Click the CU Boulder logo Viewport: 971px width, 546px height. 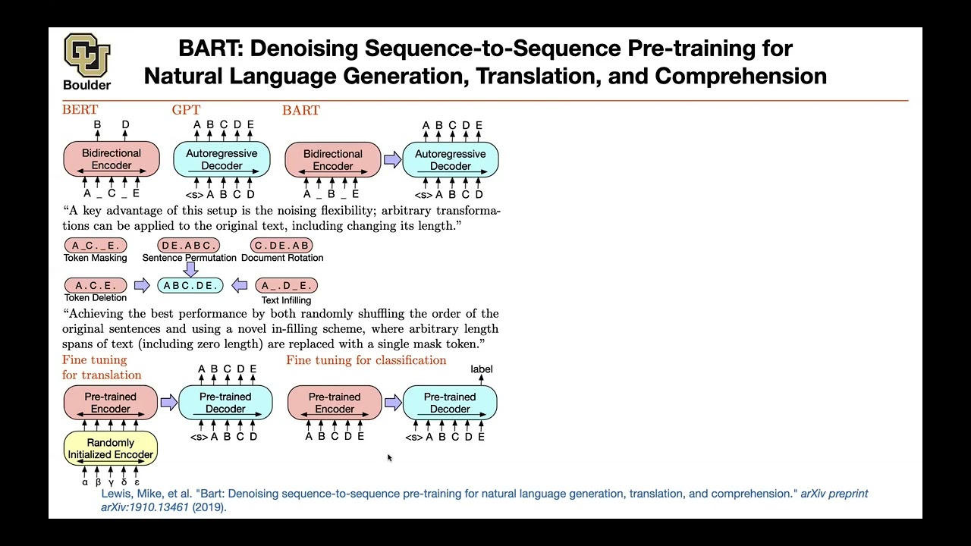coord(87,56)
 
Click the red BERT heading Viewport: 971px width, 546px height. coord(80,110)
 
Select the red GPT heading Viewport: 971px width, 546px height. coord(186,110)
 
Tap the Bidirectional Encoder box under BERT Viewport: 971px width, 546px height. coord(112,159)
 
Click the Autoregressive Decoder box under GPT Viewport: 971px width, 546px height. coord(222,159)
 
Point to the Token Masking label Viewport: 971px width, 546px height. coord(96,258)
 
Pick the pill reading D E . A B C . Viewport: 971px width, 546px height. coord(189,246)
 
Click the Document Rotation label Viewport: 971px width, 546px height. coord(282,258)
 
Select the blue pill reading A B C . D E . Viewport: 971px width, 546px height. coord(190,285)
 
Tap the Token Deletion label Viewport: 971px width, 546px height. coord(96,298)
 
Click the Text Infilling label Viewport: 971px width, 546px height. coord(286,300)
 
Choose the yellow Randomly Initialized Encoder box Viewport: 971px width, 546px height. coord(111,448)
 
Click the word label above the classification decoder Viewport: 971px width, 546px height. coord(482,369)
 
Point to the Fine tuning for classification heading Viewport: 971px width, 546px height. coord(366,360)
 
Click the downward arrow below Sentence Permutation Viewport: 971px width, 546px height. coord(191,269)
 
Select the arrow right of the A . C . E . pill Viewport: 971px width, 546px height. coord(142,285)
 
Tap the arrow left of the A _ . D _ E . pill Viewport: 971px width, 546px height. coord(240,285)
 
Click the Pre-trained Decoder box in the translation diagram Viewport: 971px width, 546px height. coord(225,403)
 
